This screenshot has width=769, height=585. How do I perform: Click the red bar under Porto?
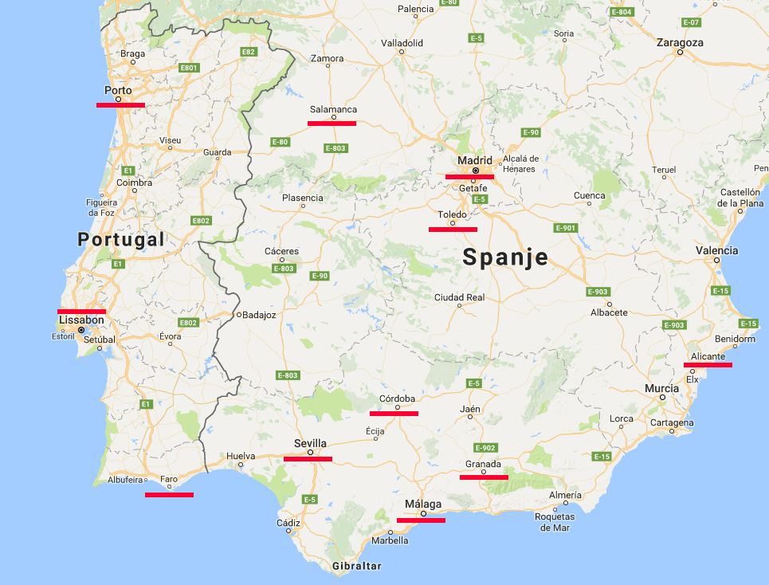pyautogui.click(x=120, y=104)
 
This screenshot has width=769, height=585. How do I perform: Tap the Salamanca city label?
pyautogui.click(x=332, y=109)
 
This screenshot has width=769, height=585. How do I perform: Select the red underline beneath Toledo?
pyautogui.click(x=453, y=229)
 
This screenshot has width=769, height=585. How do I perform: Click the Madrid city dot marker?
pyautogui.click(x=476, y=171)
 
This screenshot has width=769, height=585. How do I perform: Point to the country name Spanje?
pyautogui.click(x=505, y=257)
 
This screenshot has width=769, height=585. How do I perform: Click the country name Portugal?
pyautogui.click(x=121, y=239)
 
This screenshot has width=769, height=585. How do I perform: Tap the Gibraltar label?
pyautogui.click(x=357, y=566)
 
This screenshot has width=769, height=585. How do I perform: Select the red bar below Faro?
pyautogui.click(x=169, y=494)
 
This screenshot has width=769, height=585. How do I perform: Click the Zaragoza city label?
pyautogui.click(x=680, y=42)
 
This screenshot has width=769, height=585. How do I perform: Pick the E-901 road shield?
pyautogui.click(x=564, y=228)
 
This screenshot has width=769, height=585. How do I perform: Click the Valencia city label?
pyautogui.click(x=716, y=250)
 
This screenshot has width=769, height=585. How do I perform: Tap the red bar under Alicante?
pyautogui.click(x=708, y=364)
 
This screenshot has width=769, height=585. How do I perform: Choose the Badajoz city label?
pyautogui.click(x=258, y=315)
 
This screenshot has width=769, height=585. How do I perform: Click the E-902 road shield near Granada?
pyautogui.click(x=485, y=448)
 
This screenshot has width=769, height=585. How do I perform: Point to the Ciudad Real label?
pyautogui.click(x=459, y=297)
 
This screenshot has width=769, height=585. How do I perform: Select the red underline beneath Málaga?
pyautogui.click(x=421, y=520)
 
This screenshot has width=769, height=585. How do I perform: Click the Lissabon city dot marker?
pyautogui.click(x=81, y=329)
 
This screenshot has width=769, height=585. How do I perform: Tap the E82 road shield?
pyautogui.click(x=249, y=52)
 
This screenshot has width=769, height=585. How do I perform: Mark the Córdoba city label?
pyautogui.click(x=397, y=399)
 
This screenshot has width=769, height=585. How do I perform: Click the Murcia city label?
pyautogui.click(x=662, y=388)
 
